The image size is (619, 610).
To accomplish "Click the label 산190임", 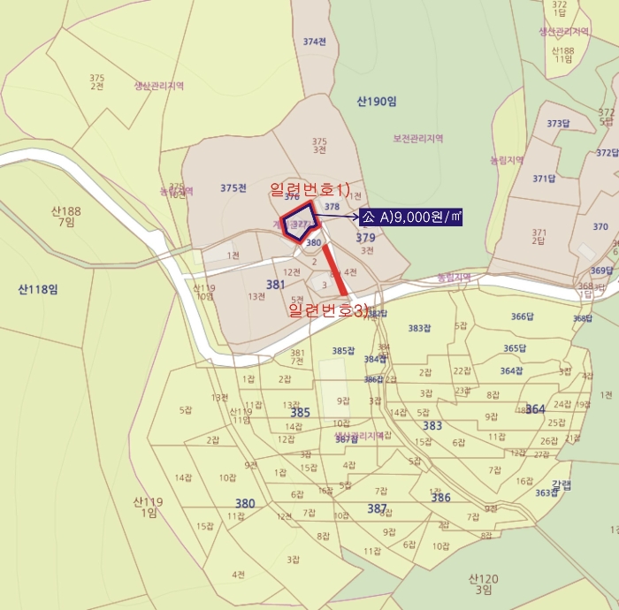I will tap(378, 102).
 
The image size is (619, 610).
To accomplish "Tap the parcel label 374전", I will tap(315, 42).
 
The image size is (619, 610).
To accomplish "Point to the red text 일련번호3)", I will tap(328, 310).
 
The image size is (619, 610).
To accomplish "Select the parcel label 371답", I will tap(543, 179).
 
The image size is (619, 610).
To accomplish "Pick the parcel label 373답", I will tap(559, 124).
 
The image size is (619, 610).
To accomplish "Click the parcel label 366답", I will tap(523, 316).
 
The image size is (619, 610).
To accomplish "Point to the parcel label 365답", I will tap(515, 348).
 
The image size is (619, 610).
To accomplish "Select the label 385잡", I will tap(343, 351).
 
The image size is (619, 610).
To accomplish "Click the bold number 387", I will tap(377, 508).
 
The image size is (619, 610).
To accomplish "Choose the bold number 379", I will tap(365, 238).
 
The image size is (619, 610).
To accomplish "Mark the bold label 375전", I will tap(233, 187).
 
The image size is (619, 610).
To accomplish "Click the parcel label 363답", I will tap(546, 492).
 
